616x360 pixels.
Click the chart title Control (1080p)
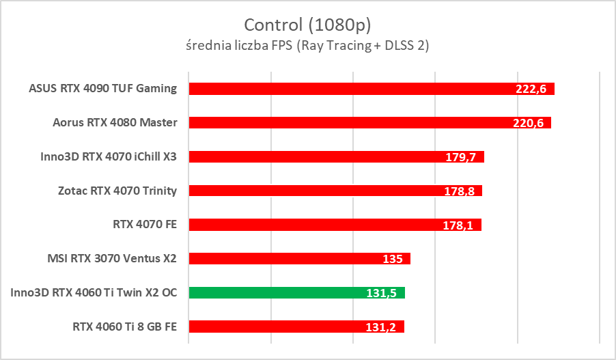tap(307, 25)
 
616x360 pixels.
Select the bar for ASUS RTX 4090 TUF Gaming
tap(348, 88)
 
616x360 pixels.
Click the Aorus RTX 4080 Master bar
tap(348, 122)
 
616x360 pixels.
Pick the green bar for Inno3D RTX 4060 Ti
tap(273, 292)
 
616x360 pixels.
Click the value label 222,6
tap(532, 89)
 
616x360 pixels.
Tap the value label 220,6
tap(529, 123)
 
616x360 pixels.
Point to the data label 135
tap(394, 259)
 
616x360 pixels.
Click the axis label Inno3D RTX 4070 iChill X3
tap(109, 156)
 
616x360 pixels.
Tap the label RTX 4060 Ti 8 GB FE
tap(124, 327)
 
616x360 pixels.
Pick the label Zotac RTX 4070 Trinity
tap(117, 191)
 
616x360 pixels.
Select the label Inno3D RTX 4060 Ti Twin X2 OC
tap(94, 292)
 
